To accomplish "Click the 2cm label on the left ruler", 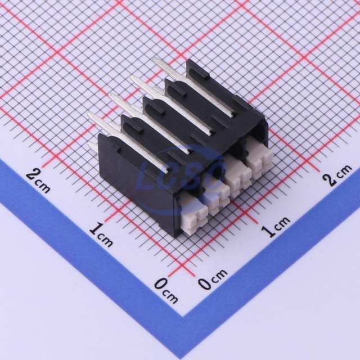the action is (x=38, y=181).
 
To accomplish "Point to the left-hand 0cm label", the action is (x=166, y=290).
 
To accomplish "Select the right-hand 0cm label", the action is (x=213, y=278).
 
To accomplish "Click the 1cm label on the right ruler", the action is (x=276, y=226).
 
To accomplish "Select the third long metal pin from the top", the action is (x=150, y=123).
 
